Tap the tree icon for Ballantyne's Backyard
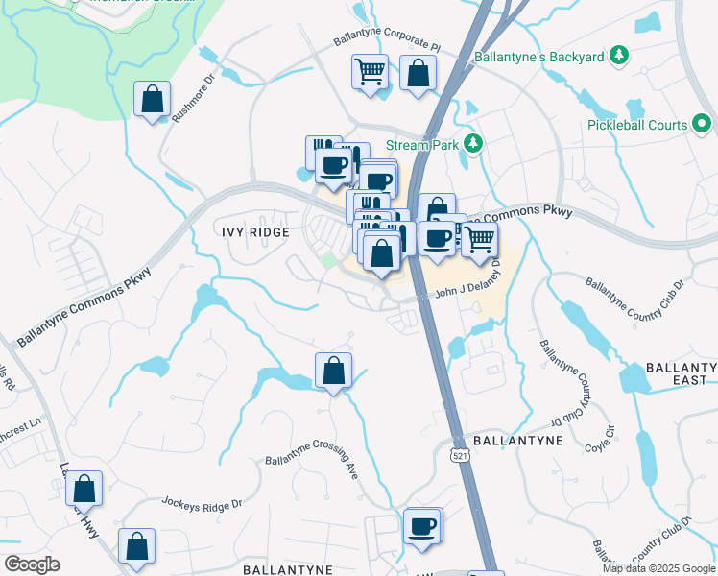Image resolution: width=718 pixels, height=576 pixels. point(620,58)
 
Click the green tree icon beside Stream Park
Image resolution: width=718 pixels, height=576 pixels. point(472,144)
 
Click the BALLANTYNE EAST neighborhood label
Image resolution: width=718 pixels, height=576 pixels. point(681,374)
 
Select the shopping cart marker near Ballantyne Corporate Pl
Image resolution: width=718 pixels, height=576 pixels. point(370,72)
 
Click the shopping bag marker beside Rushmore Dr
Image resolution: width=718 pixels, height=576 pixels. point(152,98)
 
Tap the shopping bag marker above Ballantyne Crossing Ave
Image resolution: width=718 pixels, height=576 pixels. point(333,371)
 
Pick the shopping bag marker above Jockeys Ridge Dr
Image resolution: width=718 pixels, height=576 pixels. point(84,489)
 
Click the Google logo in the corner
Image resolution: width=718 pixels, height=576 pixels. point(32,564)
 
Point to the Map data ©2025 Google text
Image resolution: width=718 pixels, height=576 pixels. point(658,568)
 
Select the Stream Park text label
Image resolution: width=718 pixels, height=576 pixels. point(418,145)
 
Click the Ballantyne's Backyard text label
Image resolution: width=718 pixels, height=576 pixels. point(543,58)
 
